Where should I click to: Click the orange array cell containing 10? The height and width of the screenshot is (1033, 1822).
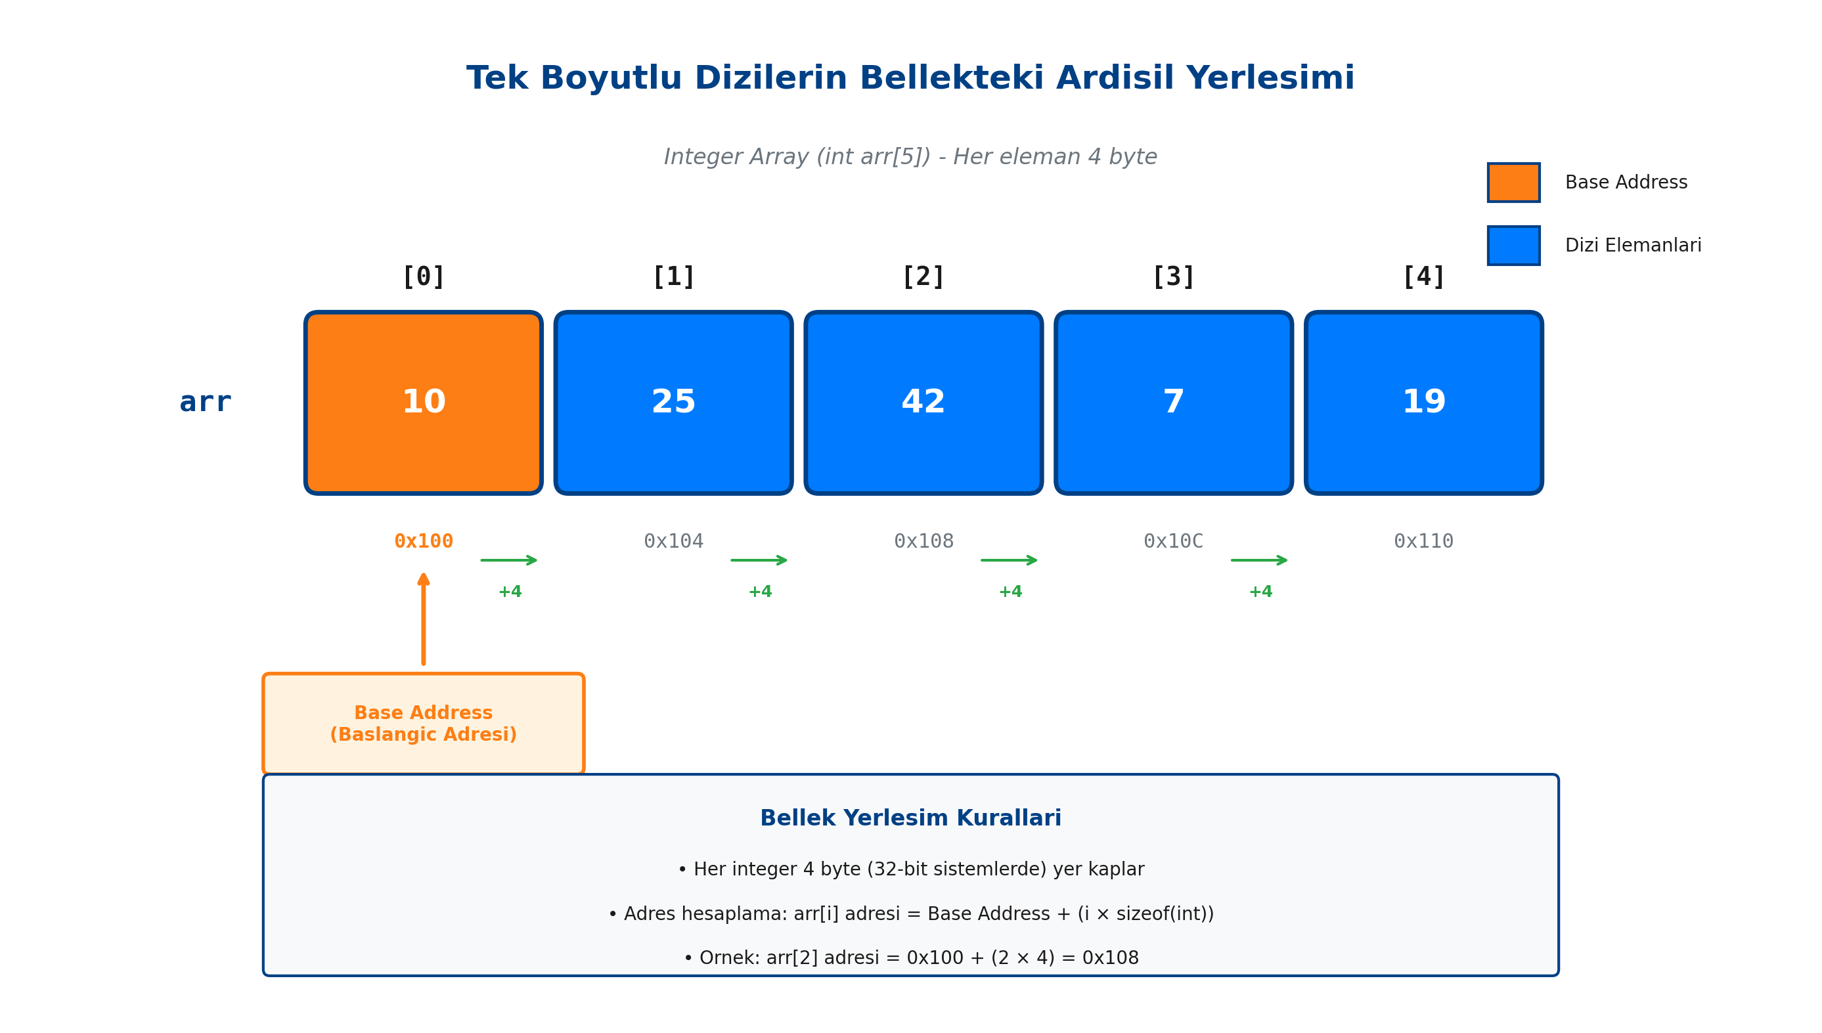pyautogui.click(x=423, y=403)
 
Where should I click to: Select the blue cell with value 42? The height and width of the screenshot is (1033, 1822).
pyautogui.click(x=923, y=403)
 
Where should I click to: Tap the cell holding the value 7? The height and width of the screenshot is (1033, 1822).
pyautogui.click(x=1173, y=403)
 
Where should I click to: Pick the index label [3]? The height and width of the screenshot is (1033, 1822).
pyautogui.click(x=1173, y=276)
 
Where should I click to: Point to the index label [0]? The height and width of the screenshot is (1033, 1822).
pyautogui.click(x=423, y=276)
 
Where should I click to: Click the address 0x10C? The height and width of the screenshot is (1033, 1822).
pyautogui.click(x=1173, y=541)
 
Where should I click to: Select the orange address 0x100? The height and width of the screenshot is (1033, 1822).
pyautogui.click(x=423, y=541)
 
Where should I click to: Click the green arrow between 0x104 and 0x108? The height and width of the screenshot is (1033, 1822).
pyautogui.click(x=759, y=560)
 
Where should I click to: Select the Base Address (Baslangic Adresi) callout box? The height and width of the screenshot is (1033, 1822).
pyautogui.click(x=423, y=723)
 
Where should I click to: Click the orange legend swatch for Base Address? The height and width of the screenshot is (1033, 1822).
pyautogui.click(x=1513, y=183)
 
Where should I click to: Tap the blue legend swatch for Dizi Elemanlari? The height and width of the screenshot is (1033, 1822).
pyautogui.click(x=1513, y=246)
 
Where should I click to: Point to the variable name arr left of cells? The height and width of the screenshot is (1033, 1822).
pyautogui.click(x=205, y=403)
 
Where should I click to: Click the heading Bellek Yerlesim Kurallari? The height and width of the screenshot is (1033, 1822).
pyautogui.click(x=910, y=818)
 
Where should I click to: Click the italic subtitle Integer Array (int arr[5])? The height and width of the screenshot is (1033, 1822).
pyautogui.click(x=910, y=157)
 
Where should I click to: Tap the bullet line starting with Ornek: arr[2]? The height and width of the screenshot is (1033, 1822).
pyautogui.click(x=910, y=957)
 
